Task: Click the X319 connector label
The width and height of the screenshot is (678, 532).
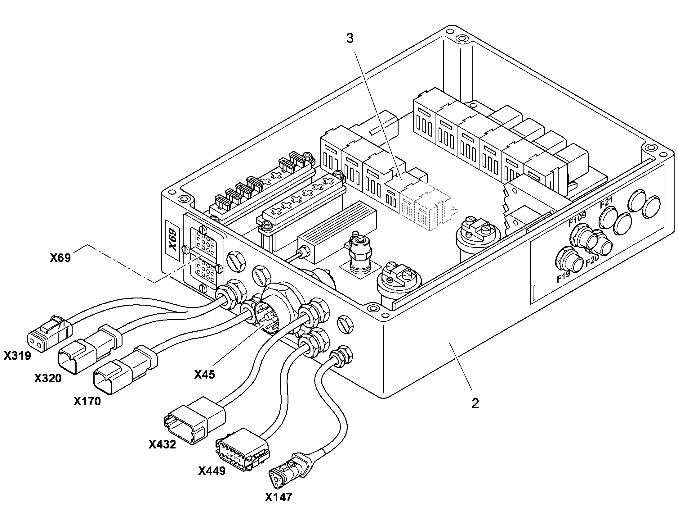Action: pos(17,356)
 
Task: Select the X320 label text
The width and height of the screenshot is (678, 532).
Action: pos(48,378)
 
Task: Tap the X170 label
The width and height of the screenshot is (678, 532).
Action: pos(87,402)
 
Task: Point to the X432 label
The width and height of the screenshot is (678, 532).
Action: pos(162,444)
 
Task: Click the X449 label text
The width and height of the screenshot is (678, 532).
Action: pos(212,471)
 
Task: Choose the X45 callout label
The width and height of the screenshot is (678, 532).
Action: pos(204,375)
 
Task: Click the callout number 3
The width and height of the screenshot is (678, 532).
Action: pos(350,39)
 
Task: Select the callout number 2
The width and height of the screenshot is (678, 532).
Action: pos(475,404)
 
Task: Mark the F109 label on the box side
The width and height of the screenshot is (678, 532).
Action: pos(578,219)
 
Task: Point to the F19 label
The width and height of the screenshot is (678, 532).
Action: pos(563,277)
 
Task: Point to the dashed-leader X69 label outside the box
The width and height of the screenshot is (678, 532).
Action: pos(60,257)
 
